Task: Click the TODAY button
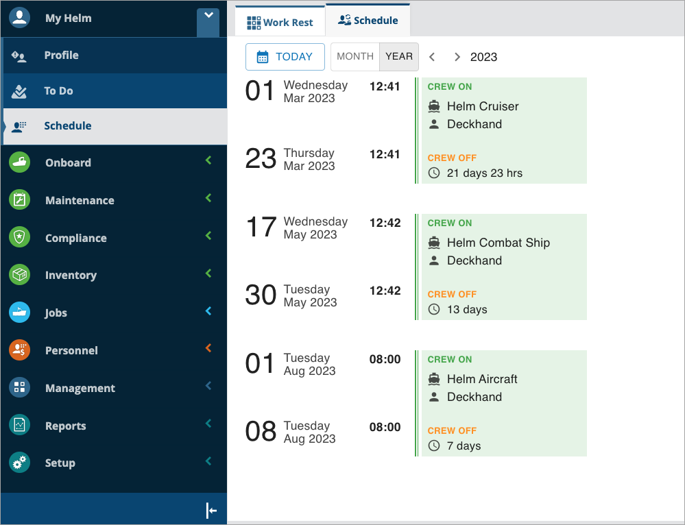pyautogui.click(x=285, y=57)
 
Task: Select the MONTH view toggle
pyautogui.click(x=355, y=57)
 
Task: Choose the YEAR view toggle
pyautogui.click(x=399, y=57)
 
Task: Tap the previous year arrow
pyautogui.click(x=432, y=57)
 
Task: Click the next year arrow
pyautogui.click(x=457, y=57)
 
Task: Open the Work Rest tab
pyautogui.click(x=280, y=23)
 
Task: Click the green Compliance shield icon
pyautogui.click(x=20, y=237)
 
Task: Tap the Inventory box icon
pyautogui.click(x=20, y=275)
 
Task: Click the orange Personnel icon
pyautogui.click(x=20, y=350)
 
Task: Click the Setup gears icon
pyautogui.click(x=20, y=463)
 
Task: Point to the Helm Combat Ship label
pyautogui.click(x=498, y=243)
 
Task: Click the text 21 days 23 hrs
pyautogui.click(x=485, y=173)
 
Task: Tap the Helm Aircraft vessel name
pyautogui.click(x=482, y=379)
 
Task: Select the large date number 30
pyautogui.click(x=261, y=295)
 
